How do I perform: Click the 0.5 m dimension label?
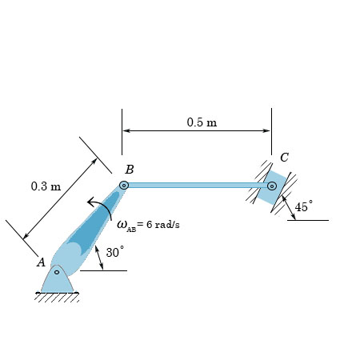tap(202, 122)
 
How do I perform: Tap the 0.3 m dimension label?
tap(46, 186)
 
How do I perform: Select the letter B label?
tap(130, 170)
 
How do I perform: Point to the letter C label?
tap(284, 157)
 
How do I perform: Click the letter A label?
tap(41, 262)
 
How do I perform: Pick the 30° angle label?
tap(116, 252)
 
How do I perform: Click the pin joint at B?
tap(124, 186)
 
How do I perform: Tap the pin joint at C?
tap(272, 186)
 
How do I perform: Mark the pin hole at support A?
tap(57, 272)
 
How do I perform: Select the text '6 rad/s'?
tap(163, 224)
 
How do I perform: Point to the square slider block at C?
tap(273, 186)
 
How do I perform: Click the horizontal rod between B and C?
tap(196, 185)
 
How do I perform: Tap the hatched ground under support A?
tap(58, 298)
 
